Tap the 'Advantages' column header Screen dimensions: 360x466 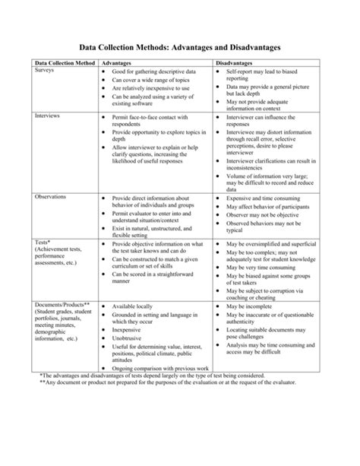coord(122,62)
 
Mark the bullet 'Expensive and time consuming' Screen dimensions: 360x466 coord(267,197)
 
